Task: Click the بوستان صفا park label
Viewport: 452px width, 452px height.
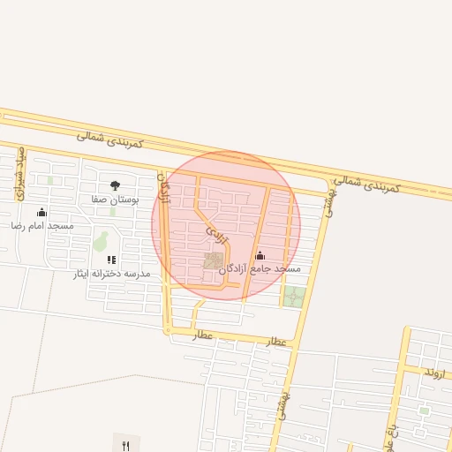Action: click(x=115, y=200)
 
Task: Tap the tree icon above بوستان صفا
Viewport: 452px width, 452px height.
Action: click(x=115, y=185)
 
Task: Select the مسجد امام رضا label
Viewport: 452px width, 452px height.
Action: click(x=42, y=226)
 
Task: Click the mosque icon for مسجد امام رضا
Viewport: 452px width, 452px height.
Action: click(x=41, y=212)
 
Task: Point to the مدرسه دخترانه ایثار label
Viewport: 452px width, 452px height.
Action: click(x=112, y=274)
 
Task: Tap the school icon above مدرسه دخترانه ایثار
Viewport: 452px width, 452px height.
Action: click(x=111, y=260)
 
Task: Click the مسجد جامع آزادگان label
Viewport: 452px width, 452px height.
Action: click(x=275, y=267)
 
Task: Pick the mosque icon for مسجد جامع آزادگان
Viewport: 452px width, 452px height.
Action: click(x=259, y=255)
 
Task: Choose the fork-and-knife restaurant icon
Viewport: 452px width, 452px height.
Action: click(x=125, y=445)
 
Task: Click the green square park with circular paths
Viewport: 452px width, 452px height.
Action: click(x=294, y=297)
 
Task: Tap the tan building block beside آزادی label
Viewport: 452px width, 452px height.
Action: click(x=214, y=260)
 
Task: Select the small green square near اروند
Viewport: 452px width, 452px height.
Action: click(x=424, y=411)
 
